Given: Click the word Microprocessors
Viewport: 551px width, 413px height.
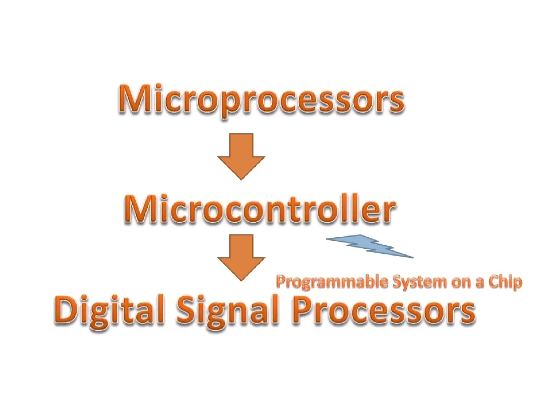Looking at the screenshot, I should pos(261,99).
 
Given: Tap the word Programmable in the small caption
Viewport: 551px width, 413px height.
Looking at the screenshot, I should pos(332,282).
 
